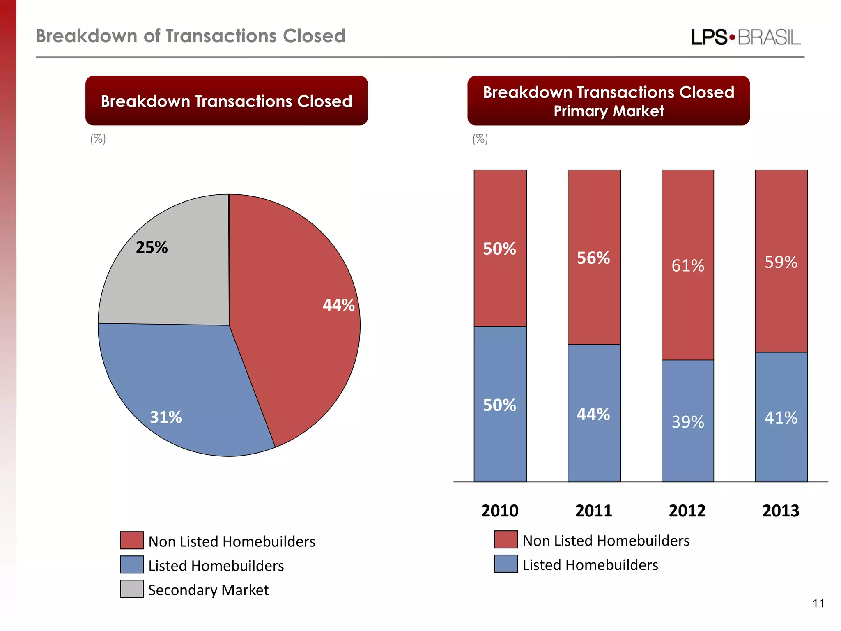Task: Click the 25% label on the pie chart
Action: pyautogui.click(x=152, y=247)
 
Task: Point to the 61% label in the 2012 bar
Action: pyautogui.click(x=688, y=266)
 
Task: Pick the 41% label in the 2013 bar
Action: pyautogui.click(x=781, y=418)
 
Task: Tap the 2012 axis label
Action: pyautogui.click(x=687, y=511)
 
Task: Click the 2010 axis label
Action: pyautogui.click(x=500, y=511)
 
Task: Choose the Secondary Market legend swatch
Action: pyautogui.click(x=132, y=589)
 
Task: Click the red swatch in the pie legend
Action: pyautogui.click(x=132, y=540)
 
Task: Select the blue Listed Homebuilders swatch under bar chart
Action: pyautogui.click(x=506, y=564)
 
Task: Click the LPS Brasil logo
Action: pyautogui.click(x=745, y=37)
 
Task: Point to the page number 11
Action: pyautogui.click(x=818, y=603)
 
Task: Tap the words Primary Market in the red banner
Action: pyautogui.click(x=609, y=111)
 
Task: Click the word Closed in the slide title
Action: pyautogui.click(x=314, y=36)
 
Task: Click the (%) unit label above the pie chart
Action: pyautogui.click(x=98, y=139)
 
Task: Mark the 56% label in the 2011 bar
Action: pyautogui.click(x=593, y=258)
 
